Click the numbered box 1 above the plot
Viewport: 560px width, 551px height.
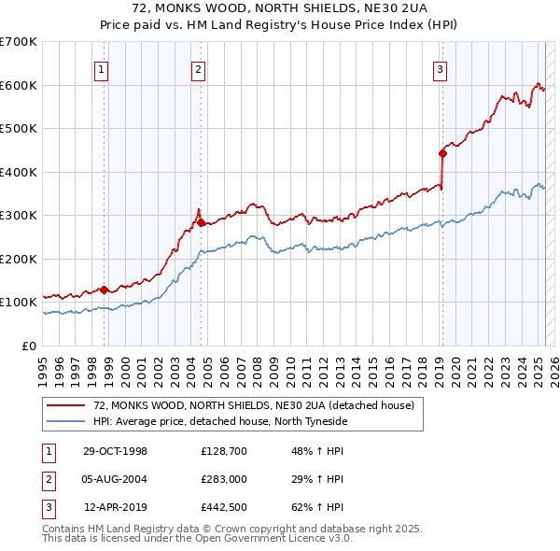(x=101, y=67)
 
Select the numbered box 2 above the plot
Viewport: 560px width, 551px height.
(x=199, y=67)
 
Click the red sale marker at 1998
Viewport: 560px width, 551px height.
(x=105, y=290)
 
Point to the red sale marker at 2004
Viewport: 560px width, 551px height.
(x=201, y=222)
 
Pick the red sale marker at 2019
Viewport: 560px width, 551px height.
(x=442, y=153)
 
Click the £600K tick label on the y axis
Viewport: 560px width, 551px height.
(x=19, y=85)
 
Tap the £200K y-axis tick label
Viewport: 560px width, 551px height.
(x=19, y=259)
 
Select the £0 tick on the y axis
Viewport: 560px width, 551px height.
(x=28, y=346)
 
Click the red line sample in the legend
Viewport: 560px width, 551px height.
(x=67, y=404)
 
